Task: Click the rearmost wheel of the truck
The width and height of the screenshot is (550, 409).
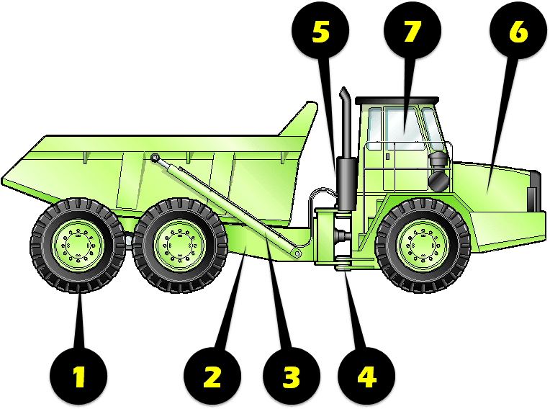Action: click(78, 245)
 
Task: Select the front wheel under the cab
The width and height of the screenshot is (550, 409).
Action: click(423, 245)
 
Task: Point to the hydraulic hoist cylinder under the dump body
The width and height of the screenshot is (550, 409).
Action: click(230, 208)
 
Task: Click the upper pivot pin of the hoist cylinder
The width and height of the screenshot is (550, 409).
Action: click(154, 158)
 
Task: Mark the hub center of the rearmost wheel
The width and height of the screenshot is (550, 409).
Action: click(78, 245)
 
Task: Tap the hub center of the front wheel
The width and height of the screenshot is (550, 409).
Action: click(423, 245)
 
